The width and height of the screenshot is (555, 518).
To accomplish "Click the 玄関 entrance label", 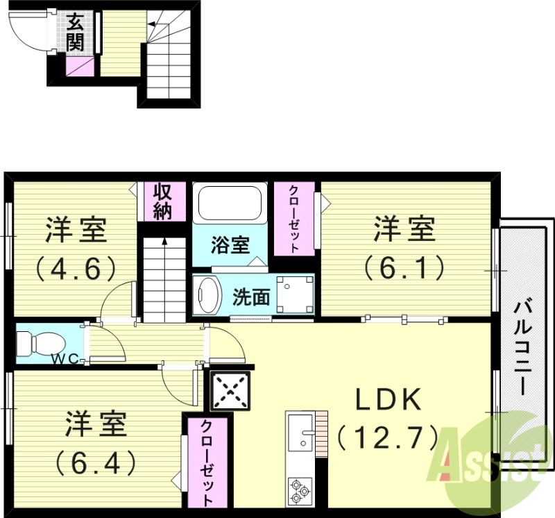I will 76,32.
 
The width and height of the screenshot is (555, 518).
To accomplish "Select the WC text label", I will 68,359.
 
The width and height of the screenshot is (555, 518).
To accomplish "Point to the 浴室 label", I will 230,245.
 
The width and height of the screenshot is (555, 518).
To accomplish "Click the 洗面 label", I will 250,297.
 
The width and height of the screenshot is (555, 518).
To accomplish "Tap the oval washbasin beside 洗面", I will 207,295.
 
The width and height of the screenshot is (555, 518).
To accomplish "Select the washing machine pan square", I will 294,295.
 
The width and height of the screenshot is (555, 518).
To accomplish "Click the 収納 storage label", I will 162,201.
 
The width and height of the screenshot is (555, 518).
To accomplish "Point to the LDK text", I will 388,401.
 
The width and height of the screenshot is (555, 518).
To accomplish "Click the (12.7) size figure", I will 388,437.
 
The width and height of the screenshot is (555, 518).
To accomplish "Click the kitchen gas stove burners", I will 300,489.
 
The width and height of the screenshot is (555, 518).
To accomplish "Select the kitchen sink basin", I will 300,434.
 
